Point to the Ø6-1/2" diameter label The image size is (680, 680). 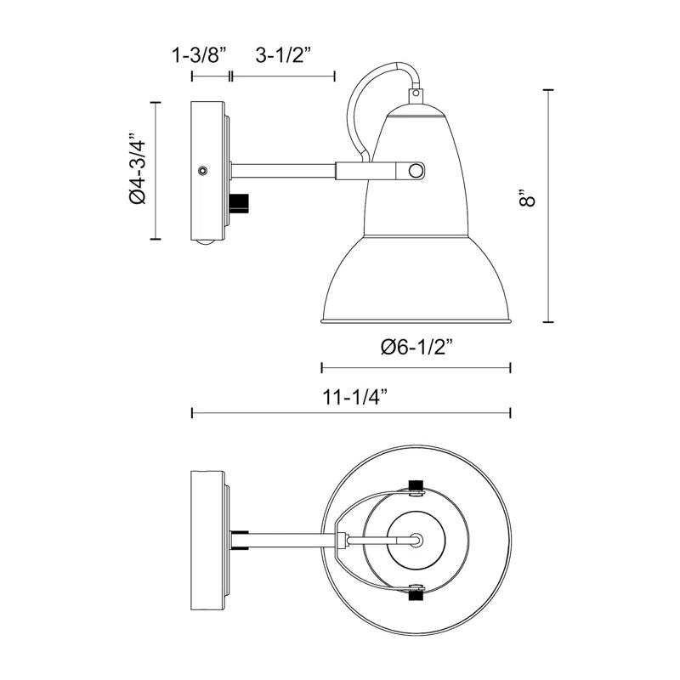point(416,346)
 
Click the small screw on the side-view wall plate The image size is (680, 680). point(202,170)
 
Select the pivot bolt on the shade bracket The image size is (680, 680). point(415,171)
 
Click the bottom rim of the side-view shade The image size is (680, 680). point(416,320)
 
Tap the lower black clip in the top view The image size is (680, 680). point(416,592)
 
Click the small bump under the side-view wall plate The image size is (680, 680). point(202,244)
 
